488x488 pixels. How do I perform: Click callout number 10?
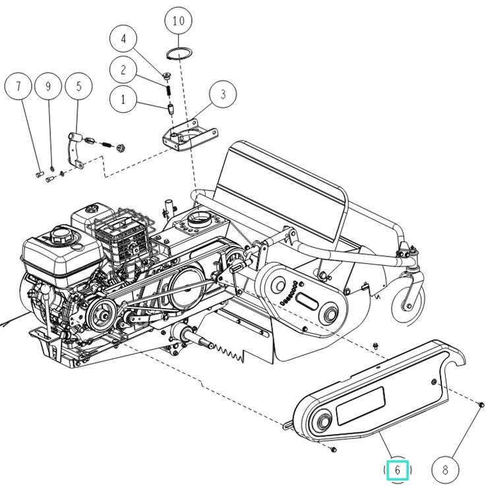pos(178,21)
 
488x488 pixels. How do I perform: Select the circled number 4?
pos(123,39)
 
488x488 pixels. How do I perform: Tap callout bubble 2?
pos(123,70)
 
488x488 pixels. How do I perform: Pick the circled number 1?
pos(123,100)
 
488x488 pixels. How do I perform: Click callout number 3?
pos(223,94)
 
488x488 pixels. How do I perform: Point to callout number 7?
pos(18,86)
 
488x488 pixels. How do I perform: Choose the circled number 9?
pos(48,86)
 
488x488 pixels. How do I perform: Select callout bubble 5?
pos(78,86)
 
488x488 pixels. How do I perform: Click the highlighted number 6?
pos(397,470)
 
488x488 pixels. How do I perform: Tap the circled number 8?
pos(445,470)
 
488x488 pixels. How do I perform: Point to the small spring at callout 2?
pos(168,90)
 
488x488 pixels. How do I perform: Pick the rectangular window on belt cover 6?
pos(361,406)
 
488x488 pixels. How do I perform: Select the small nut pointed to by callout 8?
pos(481,405)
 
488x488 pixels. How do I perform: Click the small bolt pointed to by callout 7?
pos(39,174)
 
